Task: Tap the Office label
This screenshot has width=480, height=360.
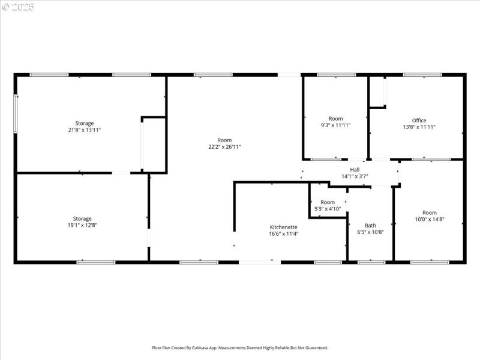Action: (x=419, y=121)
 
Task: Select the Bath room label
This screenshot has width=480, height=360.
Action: (x=370, y=226)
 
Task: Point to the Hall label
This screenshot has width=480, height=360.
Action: (x=355, y=170)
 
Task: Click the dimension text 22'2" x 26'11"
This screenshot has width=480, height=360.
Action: (x=224, y=146)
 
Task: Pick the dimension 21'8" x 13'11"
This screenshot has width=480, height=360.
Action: (x=84, y=130)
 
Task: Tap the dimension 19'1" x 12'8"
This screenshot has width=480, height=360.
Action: (x=82, y=225)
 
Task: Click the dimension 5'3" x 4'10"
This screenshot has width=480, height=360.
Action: (x=328, y=209)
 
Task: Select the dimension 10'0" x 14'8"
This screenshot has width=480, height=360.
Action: (x=430, y=219)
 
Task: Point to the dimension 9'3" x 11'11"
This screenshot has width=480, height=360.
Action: (x=335, y=125)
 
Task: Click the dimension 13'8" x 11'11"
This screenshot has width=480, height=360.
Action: (x=419, y=127)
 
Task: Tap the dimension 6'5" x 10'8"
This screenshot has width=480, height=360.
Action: (x=370, y=232)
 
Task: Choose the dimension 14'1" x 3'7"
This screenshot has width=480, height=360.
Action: (x=355, y=176)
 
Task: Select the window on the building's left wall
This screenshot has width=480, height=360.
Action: (x=16, y=114)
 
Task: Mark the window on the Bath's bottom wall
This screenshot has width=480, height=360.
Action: (x=371, y=262)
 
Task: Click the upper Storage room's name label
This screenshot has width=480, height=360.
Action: (x=84, y=123)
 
